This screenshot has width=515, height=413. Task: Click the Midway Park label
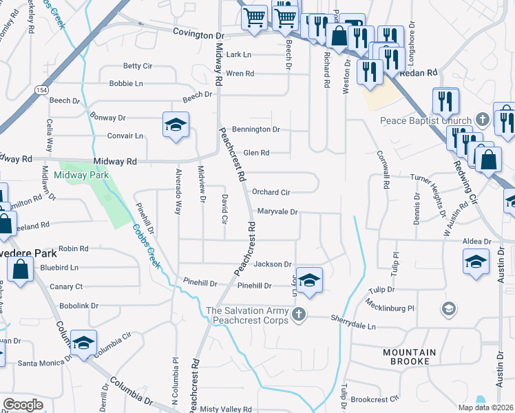coord(81,176)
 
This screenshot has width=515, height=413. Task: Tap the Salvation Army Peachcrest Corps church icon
coord(298,315)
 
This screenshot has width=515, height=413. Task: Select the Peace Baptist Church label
coord(425,120)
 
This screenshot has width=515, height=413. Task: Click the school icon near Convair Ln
coord(176,125)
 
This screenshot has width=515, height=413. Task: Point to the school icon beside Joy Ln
coord(309,279)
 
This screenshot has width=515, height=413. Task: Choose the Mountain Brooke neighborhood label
coord(409,357)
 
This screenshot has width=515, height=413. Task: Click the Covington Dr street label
coord(199,32)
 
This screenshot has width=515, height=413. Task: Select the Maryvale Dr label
coord(277,212)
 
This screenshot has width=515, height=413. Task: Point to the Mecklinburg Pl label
coord(391,308)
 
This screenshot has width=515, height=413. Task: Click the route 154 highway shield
coord(42,89)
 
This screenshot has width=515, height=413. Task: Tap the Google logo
coord(23,404)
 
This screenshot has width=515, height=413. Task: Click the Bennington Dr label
coord(256,129)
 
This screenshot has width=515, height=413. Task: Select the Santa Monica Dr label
coord(44,363)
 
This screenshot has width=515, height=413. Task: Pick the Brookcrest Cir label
coord(375,399)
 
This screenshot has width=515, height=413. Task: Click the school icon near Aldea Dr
coord(476,262)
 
